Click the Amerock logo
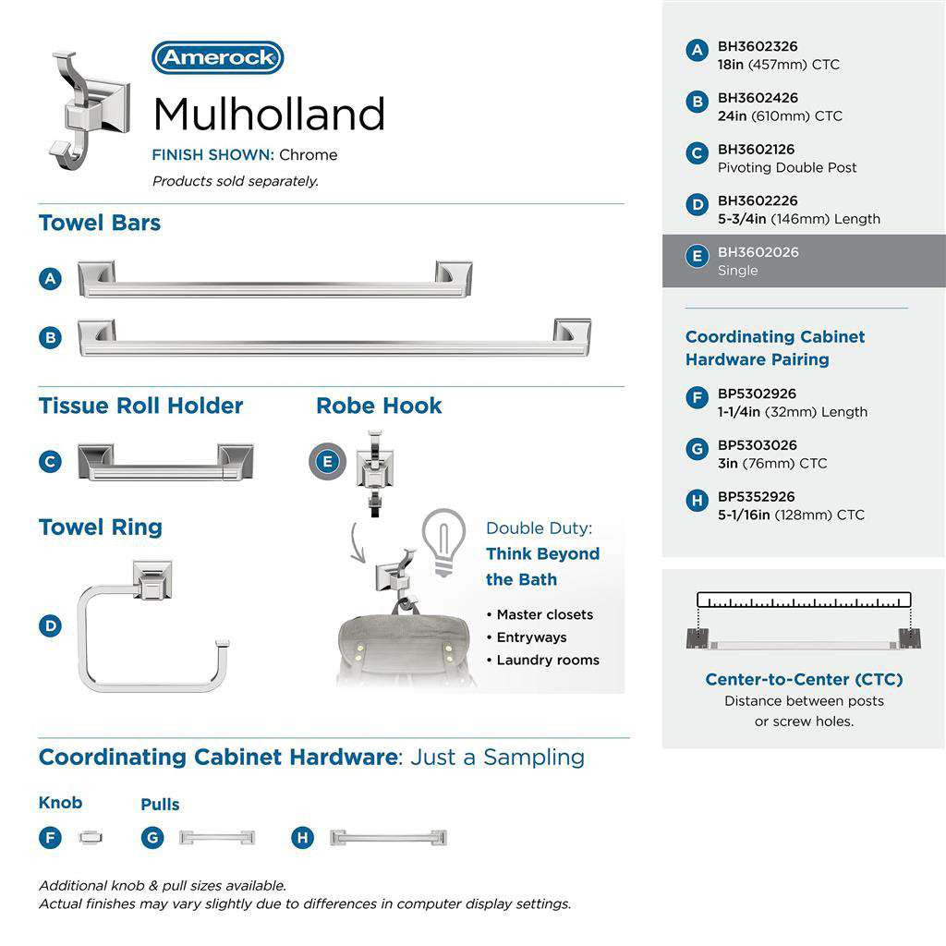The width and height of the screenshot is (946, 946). (217, 58)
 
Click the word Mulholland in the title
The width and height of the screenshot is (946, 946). (268, 115)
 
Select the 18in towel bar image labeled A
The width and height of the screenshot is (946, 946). (274, 279)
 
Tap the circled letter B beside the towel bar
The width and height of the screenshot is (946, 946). (51, 338)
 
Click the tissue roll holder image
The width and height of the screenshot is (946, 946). (165, 462)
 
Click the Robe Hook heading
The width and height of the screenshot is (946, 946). (379, 406)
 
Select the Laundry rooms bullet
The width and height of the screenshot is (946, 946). (547, 660)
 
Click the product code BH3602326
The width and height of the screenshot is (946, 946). (758, 46)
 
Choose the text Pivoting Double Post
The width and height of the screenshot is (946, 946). (787, 167)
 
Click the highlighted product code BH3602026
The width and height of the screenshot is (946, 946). (758, 252)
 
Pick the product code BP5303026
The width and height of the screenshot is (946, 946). (757, 445)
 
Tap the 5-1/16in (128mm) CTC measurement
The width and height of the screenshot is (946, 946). (791, 515)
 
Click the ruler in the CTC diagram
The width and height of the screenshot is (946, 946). (804, 600)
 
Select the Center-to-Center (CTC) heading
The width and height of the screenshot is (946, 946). (804, 680)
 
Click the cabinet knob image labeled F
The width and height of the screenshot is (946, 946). (91, 837)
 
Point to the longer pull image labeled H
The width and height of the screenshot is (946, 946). (388, 838)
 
